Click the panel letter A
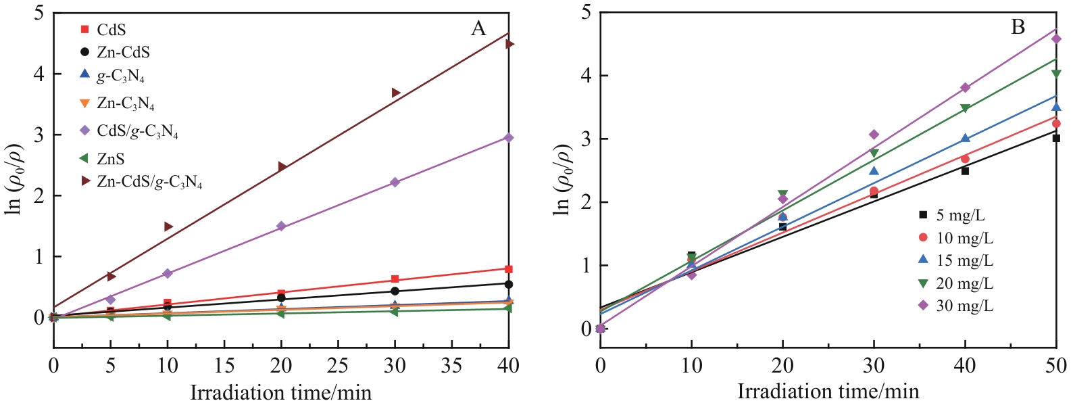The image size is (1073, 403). pyautogui.click(x=478, y=28)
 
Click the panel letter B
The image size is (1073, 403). pyautogui.click(x=1018, y=27)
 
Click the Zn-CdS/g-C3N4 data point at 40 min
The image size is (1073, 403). pyautogui.click(x=510, y=44)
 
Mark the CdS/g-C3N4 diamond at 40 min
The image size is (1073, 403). pyautogui.click(x=509, y=138)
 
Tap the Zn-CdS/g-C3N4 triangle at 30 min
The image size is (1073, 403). pyautogui.click(x=396, y=93)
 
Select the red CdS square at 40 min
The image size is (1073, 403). pyautogui.click(x=509, y=269)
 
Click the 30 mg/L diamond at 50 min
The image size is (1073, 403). pyautogui.click(x=1056, y=39)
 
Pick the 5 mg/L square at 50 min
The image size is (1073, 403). pyautogui.click(x=1056, y=138)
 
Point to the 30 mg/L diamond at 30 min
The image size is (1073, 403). pyautogui.click(x=874, y=135)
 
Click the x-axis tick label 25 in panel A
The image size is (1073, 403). pyautogui.click(x=338, y=366)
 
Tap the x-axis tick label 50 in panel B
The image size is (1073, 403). pyautogui.click(x=1056, y=366)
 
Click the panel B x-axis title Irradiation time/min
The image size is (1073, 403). pyautogui.click(x=828, y=391)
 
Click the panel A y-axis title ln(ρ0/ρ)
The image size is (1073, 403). pyautogui.click(x=15, y=179)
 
